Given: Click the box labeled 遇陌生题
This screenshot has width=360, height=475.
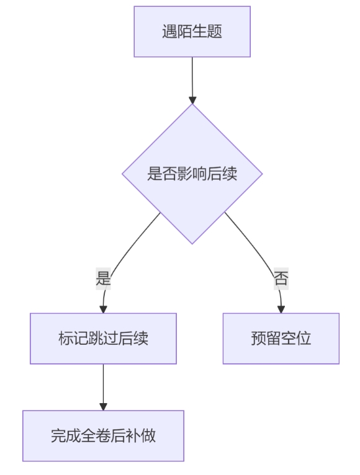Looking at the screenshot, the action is [192, 32].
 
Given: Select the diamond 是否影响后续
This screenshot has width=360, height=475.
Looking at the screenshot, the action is [192, 174].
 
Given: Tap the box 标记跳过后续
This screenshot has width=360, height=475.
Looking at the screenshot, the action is [103, 339].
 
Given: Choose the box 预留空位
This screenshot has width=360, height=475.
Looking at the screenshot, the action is [281, 339].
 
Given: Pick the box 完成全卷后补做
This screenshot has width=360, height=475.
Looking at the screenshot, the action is [103, 436].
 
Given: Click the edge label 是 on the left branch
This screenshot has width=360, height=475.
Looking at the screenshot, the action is [103, 278].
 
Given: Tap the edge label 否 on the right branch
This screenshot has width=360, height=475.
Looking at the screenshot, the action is [281, 278].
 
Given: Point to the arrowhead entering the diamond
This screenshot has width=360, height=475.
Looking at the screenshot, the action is [192, 100].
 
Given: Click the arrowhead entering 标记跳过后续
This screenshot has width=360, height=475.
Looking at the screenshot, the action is [103, 309].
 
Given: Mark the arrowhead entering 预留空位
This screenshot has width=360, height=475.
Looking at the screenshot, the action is [281, 309].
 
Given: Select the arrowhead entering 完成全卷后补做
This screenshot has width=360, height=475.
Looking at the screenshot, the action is [103, 407].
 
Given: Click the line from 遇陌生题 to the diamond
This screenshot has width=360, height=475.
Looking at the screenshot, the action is [192, 77].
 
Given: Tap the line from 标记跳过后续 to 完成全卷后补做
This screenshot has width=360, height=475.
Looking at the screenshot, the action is [103, 383].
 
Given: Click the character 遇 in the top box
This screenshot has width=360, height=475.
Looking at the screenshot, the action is [169, 32].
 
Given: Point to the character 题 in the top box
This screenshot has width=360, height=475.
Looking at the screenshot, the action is [214, 32].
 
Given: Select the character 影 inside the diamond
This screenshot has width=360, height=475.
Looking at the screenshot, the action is [185, 174].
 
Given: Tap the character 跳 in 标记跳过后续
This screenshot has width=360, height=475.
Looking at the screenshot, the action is [96, 339].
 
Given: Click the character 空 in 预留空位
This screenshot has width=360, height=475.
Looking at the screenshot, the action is [289, 339].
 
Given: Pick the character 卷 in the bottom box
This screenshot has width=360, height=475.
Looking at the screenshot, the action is [103, 436].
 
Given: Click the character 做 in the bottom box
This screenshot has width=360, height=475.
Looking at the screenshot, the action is [148, 436].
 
